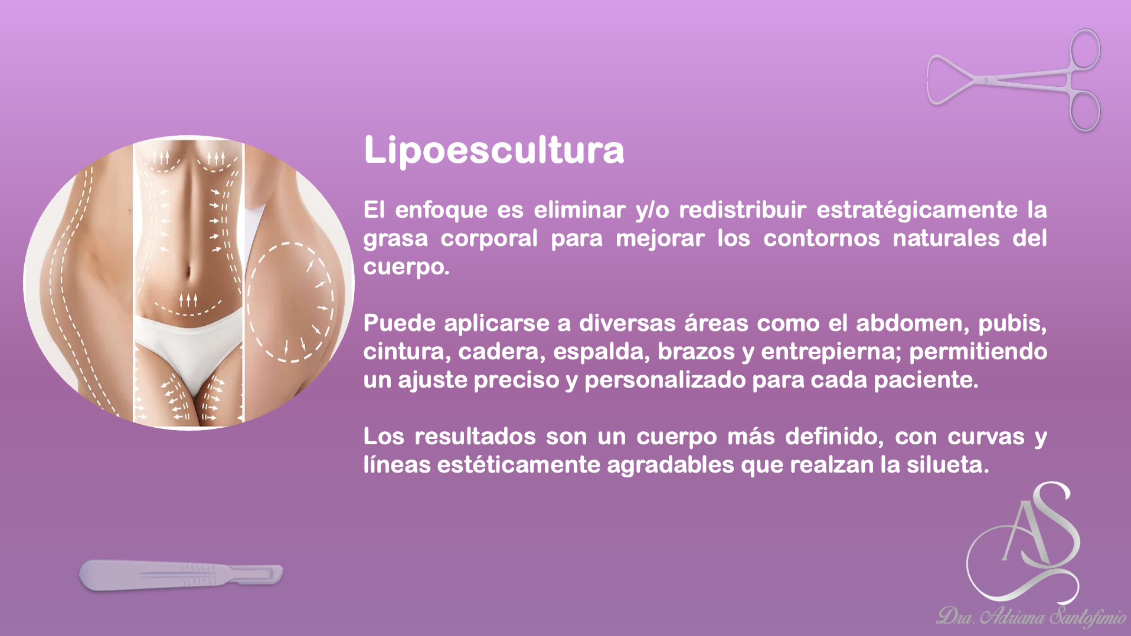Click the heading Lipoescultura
coord(493,150)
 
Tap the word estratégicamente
coord(917,210)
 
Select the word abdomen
coord(910,323)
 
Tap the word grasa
coord(395,239)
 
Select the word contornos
coord(821,238)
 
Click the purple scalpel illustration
coord(181,575)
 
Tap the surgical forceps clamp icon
coord(1014,80)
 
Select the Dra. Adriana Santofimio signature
coord(1031,617)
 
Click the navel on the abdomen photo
coord(188,273)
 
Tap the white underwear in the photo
coord(188,347)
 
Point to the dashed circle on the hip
coord(289,301)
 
